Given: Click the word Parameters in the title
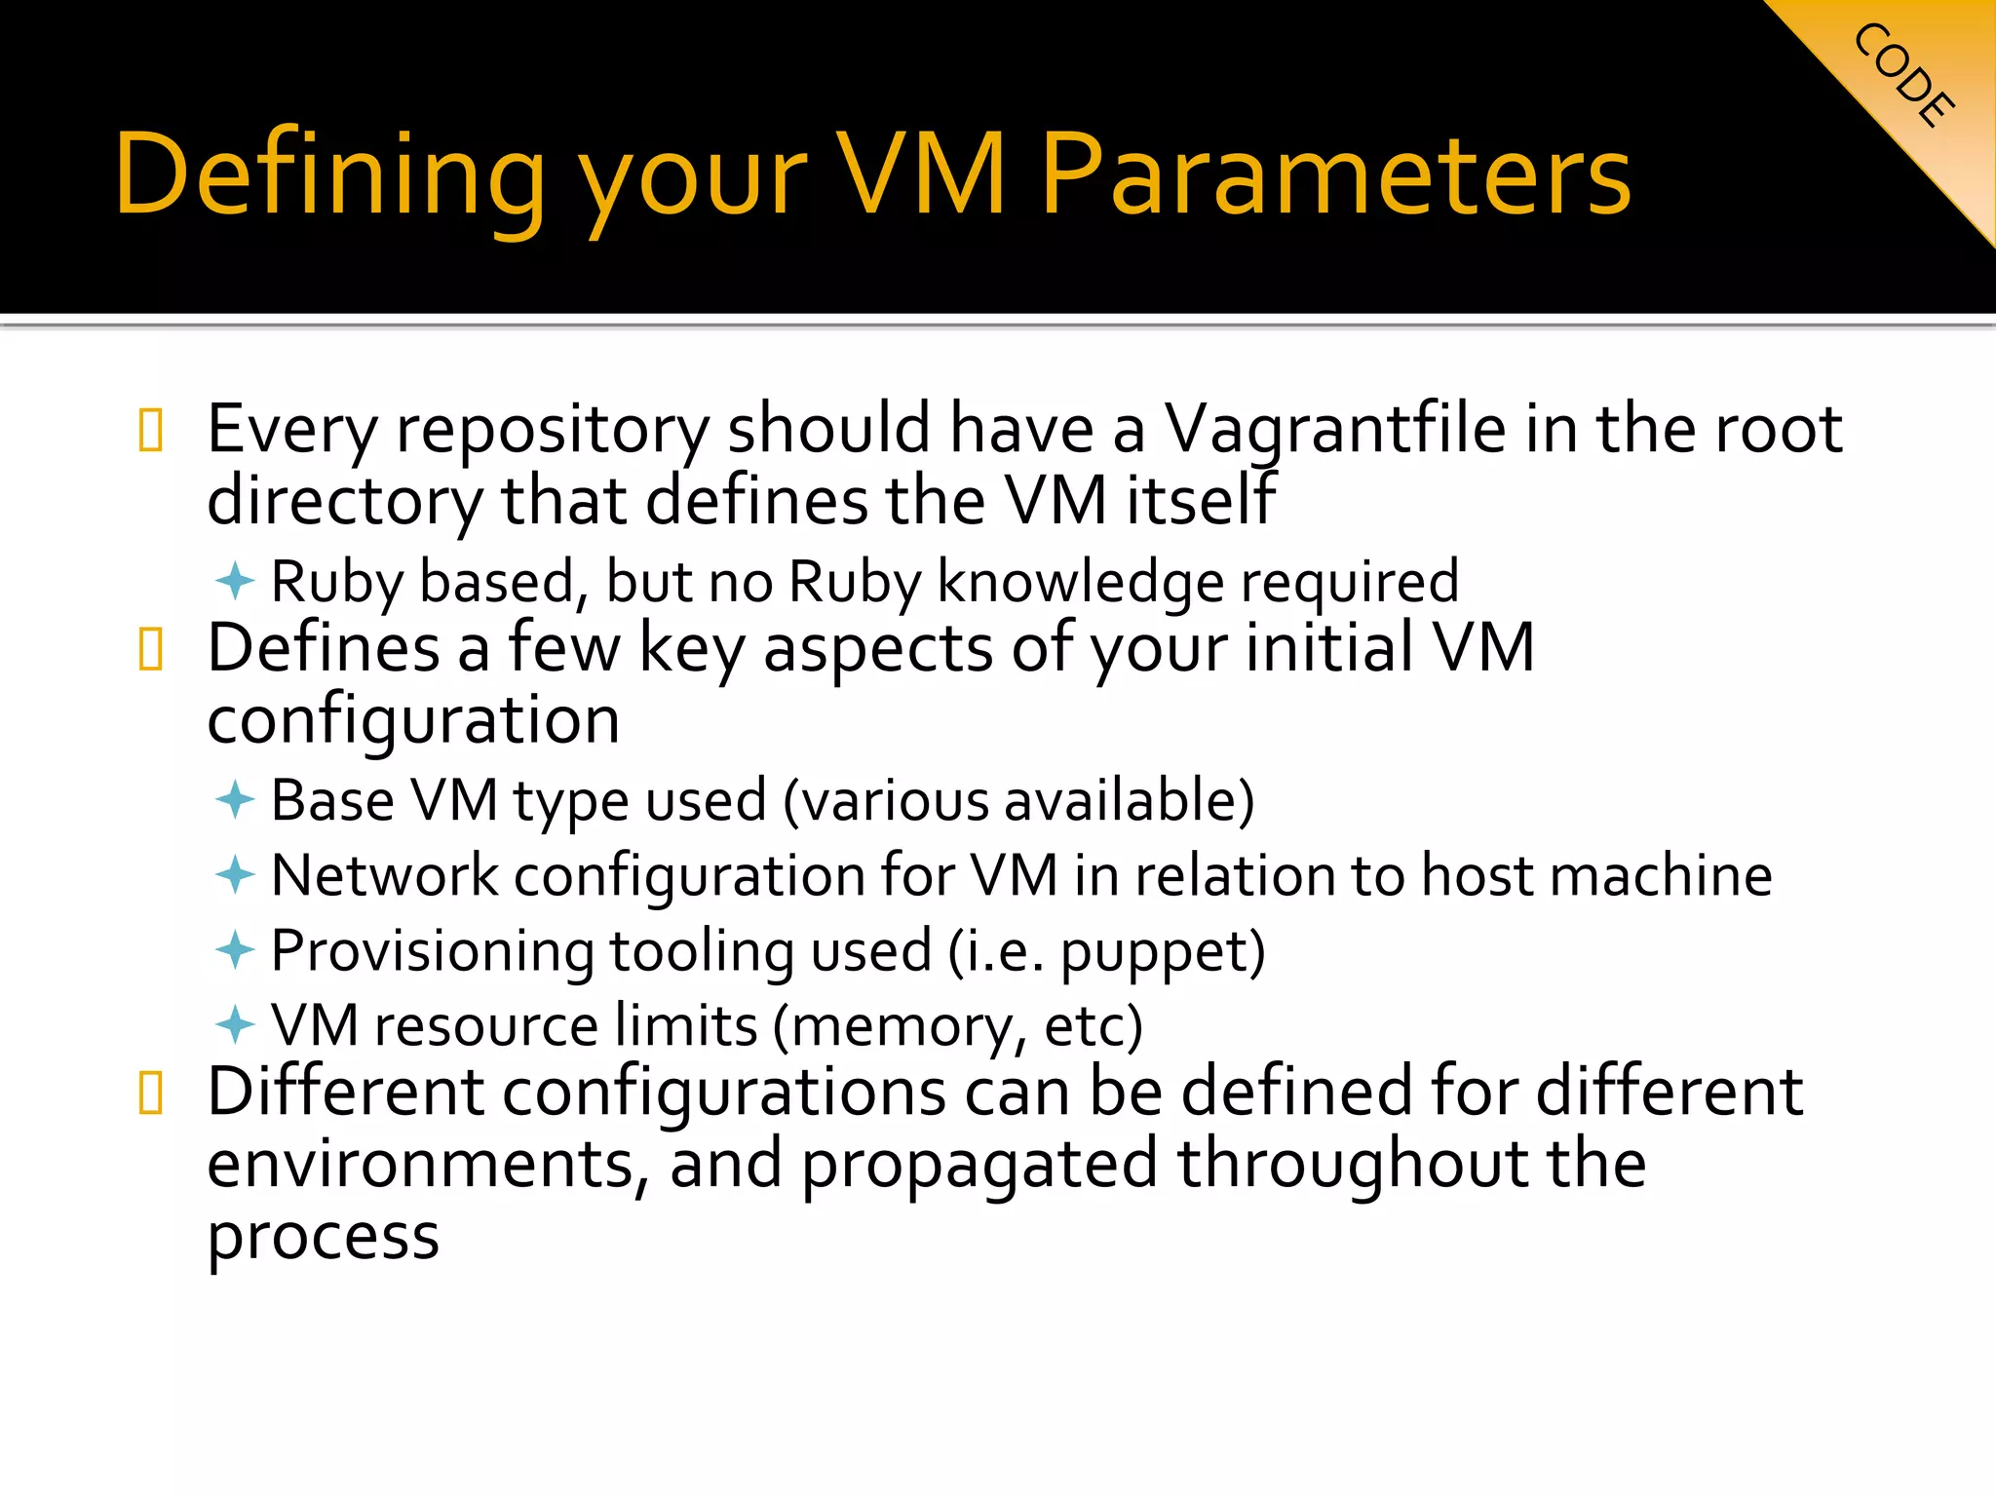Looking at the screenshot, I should click(x=1335, y=175).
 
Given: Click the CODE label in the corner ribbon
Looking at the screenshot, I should click(x=1903, y=75).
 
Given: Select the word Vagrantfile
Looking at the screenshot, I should click(x=1335, y=429).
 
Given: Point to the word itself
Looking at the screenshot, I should click(x=1200, y=500).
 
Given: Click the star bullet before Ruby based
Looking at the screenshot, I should click(x=235, y=582).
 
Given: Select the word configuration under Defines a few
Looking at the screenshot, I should click(x=413, y=721).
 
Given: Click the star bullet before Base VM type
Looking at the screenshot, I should click(x=235, y=800).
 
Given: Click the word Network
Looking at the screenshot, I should click(x=384, y=874).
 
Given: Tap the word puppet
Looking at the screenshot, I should click(x=1155, y=952).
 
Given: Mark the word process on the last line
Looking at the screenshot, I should click(x=323, y=1238).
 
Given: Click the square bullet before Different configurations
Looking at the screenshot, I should click(x=151, y=1093).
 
